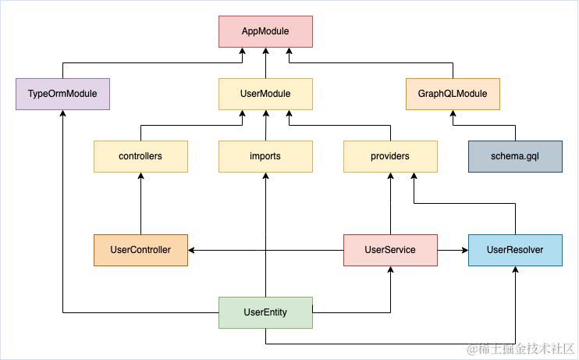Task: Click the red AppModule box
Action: point(265,32)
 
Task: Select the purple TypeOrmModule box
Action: point(62,94)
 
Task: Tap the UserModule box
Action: point(265,94)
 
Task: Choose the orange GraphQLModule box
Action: point(453,94)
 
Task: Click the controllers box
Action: point(140,156)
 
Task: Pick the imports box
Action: point(265,156)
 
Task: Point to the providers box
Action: point(390,156)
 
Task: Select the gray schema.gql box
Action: point(514,156)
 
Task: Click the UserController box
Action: point(140,250)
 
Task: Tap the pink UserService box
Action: point(390,250)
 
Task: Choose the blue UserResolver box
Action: point(514,250)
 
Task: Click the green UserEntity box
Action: point(265,312)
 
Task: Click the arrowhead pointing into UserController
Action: point(192,250)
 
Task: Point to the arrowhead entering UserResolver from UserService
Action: point(464,250)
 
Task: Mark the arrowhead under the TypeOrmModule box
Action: point(62,114)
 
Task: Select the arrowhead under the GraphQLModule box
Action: point(453,114)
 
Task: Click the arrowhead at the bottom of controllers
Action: point(140,176)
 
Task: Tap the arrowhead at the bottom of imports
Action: point(265,176)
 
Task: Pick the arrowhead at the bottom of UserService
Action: point(390,270)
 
